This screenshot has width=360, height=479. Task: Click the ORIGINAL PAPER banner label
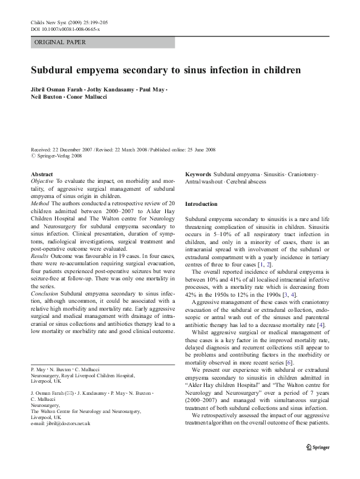(x=60, y=42)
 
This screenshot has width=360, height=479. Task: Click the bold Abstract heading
(x=42, y=174)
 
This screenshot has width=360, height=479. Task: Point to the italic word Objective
(x=42, y=181)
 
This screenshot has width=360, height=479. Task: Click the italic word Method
(x=40, y=204)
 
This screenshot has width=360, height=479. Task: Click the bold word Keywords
(x=198, y=174)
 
